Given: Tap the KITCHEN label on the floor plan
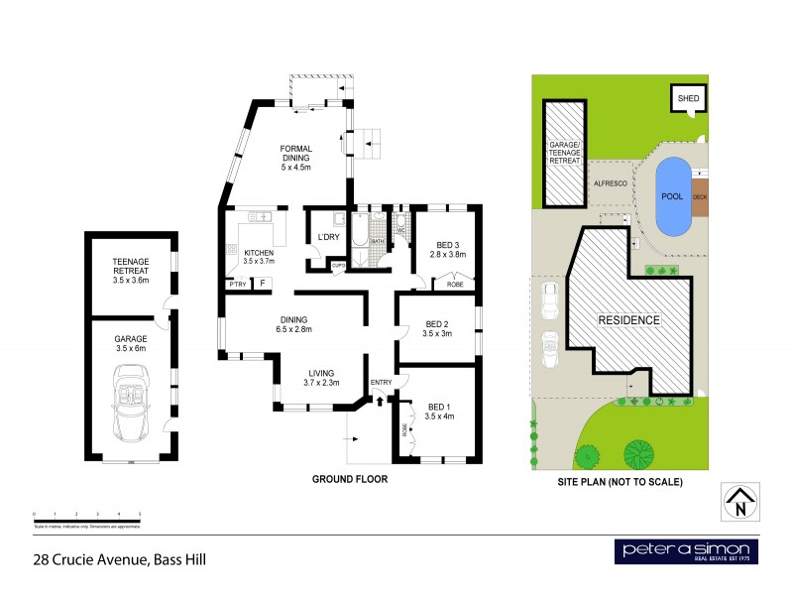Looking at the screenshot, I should (259, 256).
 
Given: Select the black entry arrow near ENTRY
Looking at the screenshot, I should (380, 400).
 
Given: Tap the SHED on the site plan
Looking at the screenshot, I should (687, 98).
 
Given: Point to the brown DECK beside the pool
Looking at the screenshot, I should (701, 196).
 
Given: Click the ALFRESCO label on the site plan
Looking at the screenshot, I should (607, 183).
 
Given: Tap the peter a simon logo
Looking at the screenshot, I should (686, 552).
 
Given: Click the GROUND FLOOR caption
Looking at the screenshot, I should (349, 478).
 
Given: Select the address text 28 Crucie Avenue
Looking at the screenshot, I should (117, 559).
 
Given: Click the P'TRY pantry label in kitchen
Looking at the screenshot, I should (238, 285).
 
